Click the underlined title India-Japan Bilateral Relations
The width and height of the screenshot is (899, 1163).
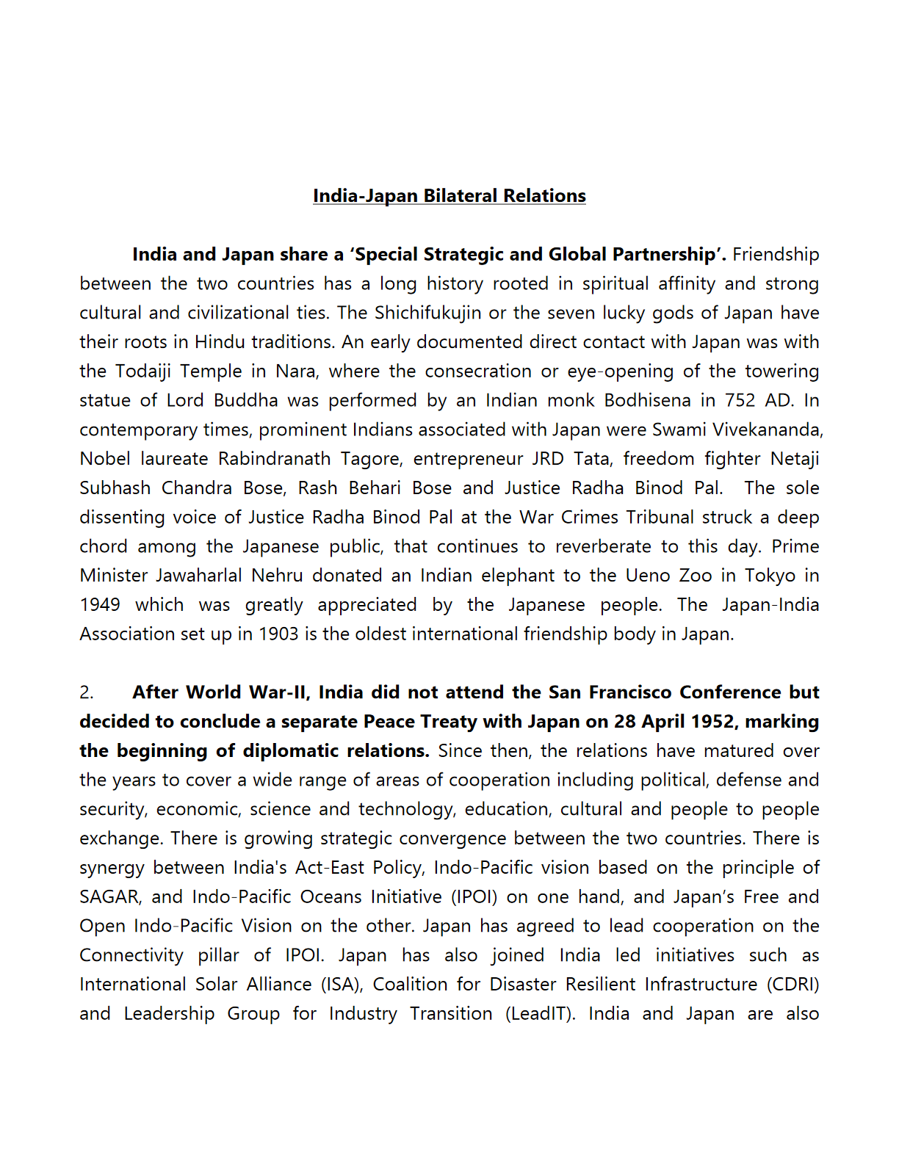pyautogui.click(x=449, y=196)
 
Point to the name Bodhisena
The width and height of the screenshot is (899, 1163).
pyautogui.click(x=647, y=400)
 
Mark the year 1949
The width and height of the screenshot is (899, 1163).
pyautogui.click(x=100, y=605)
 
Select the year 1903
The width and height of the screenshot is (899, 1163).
pyautogui.click(x=278, y=634)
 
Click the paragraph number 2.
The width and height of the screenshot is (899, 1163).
pyautogui.click(x=87, y=693)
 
